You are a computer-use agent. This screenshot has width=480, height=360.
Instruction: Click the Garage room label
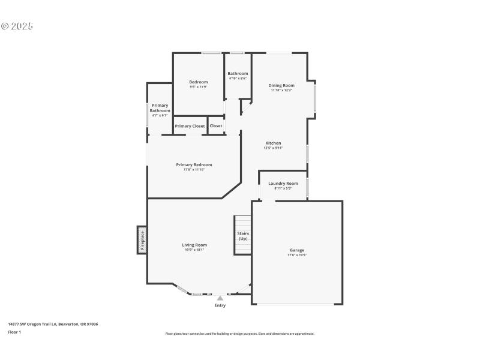coord(297,250)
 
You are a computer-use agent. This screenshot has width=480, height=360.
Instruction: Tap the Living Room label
coord(194,244)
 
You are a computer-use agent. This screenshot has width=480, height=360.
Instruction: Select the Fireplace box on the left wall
coord(142,240)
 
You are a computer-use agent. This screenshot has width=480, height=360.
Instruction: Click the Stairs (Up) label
coord(243,236)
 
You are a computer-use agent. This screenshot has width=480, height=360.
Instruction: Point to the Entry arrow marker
coord(220,298)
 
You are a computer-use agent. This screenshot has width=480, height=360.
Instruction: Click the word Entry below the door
coord(220,305)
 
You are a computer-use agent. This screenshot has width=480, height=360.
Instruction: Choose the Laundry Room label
coord(283,183)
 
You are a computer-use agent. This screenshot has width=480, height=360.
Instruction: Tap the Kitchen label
coord(273,143)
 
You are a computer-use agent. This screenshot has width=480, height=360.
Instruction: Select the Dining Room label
coord(281,85)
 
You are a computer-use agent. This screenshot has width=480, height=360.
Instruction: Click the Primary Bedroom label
coord(194,164)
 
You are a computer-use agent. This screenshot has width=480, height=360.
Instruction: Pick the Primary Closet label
coord(190,126)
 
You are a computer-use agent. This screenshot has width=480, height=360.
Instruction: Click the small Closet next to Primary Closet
coord(216,126)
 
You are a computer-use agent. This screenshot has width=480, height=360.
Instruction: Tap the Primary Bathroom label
coord(160,108)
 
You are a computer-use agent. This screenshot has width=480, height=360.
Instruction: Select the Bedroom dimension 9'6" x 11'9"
coord(198,87)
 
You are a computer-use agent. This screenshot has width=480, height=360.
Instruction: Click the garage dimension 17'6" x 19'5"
coord(297,255)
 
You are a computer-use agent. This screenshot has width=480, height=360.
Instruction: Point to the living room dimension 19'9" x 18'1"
coord(194,250)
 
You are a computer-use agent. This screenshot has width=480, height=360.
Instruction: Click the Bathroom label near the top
coord(238,73)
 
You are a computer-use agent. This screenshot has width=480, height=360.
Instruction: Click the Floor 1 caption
coord(14,332)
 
